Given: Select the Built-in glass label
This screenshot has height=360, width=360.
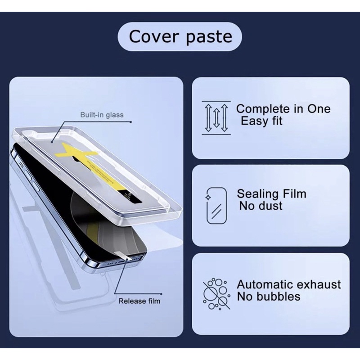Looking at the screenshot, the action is tap(102, 115).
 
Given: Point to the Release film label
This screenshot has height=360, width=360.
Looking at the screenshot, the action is tap(139, 301).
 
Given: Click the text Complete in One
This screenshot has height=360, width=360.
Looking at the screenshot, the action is tap(283, 109).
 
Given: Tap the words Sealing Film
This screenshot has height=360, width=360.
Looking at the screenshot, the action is tap(271, 194).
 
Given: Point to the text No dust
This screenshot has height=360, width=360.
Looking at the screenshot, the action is tap(261, 206).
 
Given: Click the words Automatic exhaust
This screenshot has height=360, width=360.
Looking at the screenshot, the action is tap(289, 284).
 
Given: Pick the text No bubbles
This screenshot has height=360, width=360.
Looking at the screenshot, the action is tap(269, 297).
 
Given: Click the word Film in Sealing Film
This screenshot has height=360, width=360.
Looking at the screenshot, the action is tap(294, 194).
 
